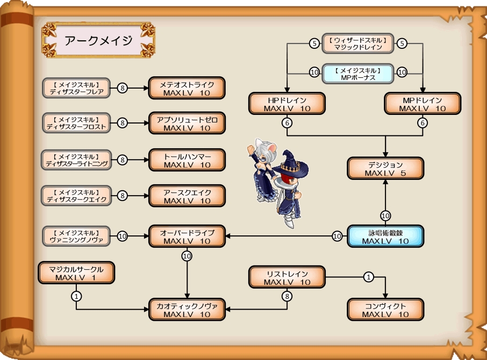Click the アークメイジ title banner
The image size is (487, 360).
(98, 40)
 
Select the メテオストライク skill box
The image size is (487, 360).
(187, 89)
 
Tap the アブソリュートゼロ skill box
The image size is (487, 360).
(187, 124)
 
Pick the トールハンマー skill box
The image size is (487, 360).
(187, 160)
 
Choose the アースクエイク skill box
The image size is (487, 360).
(187, 196)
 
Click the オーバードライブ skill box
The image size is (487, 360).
(187, 236)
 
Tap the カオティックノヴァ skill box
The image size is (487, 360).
(187, 309)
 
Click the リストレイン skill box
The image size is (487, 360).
(287, 277)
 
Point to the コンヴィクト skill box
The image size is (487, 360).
(385, 309)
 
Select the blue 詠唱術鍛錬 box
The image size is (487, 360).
(385, 236)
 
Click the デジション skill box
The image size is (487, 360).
(385, 169)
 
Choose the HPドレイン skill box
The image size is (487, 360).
(287, 104)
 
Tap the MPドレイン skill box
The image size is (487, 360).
(422, 104)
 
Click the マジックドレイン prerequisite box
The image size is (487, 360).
(357, 44)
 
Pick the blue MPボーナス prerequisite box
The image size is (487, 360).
(357, 74)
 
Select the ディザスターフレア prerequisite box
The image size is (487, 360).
(76, 88)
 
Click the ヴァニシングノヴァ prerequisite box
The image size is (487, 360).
(76, 236)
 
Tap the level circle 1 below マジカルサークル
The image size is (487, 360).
(76, 296)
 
